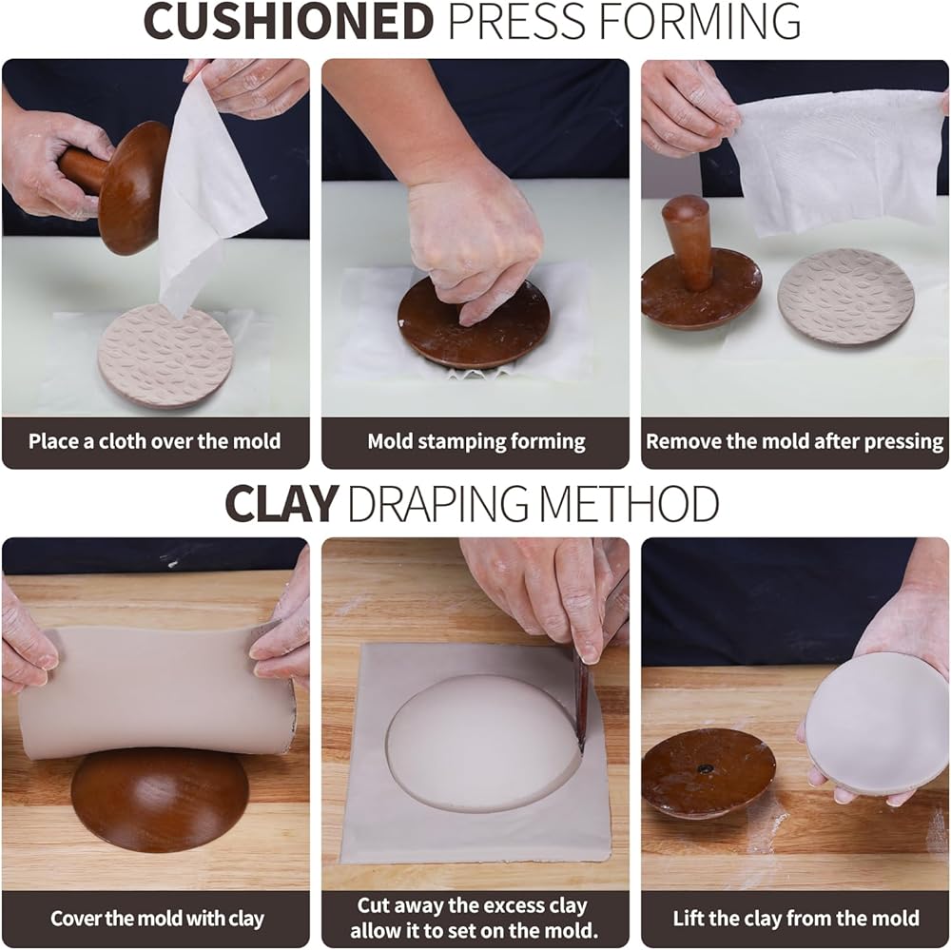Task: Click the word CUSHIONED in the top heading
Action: tap(288, 22)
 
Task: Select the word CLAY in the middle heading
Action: tap(281, 503)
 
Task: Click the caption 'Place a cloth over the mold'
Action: tap(155, 441)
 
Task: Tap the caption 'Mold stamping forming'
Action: tap(476, 441)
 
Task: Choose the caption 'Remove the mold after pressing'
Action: tap(794, 441)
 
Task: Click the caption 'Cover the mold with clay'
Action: tap(157, 919)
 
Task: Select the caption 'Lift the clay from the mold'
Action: tap(796, 918)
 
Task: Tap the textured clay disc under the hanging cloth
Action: tap(165, 356)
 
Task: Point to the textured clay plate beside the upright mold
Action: tap(846, 297)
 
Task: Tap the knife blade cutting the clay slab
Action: tap(582, 704)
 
